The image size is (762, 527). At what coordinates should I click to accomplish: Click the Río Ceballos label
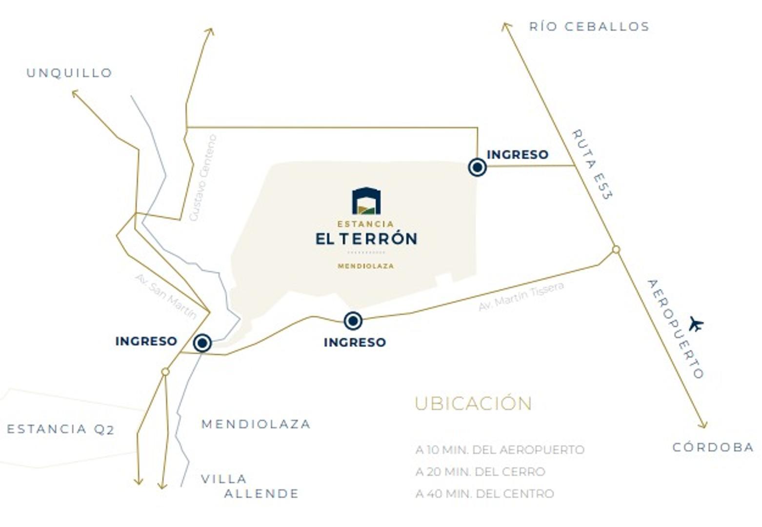tap(589, 26)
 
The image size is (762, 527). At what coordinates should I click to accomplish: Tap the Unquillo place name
tap(69, 73)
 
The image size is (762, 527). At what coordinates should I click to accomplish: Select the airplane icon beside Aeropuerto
tap(696, 324)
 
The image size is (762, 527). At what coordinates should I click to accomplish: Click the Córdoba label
tap(713, 447)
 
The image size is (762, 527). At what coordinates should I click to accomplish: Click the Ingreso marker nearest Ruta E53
tap(477, 167)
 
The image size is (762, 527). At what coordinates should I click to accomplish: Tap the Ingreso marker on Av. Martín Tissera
tap(353, 321)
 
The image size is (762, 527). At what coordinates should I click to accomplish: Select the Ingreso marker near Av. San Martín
tap(202, 343)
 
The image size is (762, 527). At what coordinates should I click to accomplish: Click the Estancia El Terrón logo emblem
tap(366, 201)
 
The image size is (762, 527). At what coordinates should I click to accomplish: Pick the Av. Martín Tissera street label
tap(521, 297)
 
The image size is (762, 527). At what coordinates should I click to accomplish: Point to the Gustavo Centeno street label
tap(202, 178)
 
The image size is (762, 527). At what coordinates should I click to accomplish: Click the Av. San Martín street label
tap(166, 296)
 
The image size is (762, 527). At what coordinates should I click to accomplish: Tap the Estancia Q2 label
tap(60, 429)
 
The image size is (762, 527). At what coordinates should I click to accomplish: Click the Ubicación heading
tap(473, 404)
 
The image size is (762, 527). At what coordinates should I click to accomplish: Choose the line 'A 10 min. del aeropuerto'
tap(500, 449)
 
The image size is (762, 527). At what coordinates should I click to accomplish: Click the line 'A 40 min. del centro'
tap(484, 494)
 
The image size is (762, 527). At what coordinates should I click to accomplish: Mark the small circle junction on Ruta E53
tap(616, 249)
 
